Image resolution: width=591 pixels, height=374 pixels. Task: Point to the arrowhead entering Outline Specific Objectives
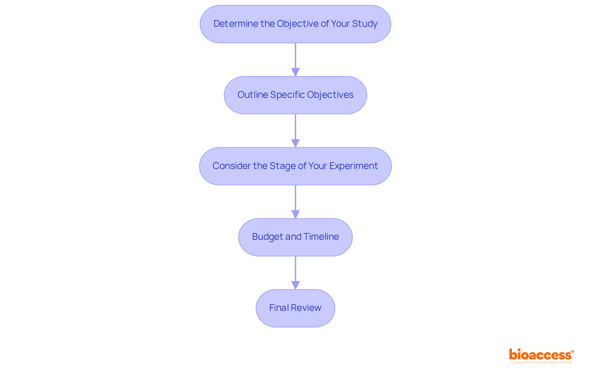pos(295,72)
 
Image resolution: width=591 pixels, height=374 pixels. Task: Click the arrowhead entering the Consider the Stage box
pos(295,143)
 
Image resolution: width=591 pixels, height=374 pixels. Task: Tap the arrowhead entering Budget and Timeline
pos(295,214)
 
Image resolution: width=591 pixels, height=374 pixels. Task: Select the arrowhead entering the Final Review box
pos(295,285)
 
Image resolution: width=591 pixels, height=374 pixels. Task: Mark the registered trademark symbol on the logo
pos(573,352)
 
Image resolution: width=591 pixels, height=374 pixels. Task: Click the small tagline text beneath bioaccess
pos(540,362)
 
